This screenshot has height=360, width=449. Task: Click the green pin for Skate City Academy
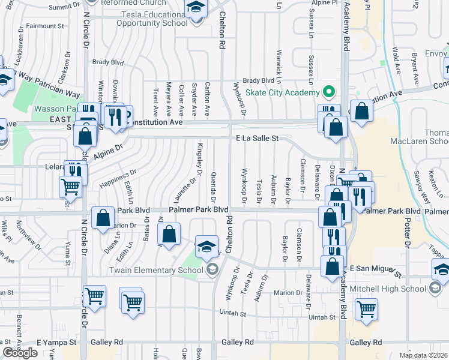click(x=328, y=93)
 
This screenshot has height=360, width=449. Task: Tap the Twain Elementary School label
click(x=155, y=271)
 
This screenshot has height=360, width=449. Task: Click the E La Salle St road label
click(x=257, y=138)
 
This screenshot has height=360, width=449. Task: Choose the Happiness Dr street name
click(x=118, y=178)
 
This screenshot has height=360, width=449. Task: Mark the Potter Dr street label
click(x=406, y=229)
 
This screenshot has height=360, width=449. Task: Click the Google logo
click(x=20, y=353)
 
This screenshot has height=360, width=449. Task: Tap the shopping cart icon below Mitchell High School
click(x=366, y=310)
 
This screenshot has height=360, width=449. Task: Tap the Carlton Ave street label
click(x=207, y=100)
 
